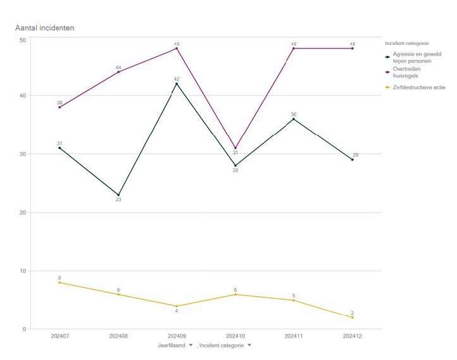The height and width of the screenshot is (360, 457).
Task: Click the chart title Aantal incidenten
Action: (45, 28)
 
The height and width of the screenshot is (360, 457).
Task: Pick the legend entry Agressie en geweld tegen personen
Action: (415, 57)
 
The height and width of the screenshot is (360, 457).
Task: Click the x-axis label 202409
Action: (177, 336)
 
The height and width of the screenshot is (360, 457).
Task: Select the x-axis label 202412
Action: (353, 336)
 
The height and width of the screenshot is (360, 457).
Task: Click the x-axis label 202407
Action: (59, 336)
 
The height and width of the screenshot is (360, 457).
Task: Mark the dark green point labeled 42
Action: (177, 84)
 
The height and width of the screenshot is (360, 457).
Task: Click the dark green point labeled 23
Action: (118, 195)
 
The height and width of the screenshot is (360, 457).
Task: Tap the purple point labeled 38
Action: (59, 108)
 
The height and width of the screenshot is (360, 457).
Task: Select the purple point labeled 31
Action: (235, 148)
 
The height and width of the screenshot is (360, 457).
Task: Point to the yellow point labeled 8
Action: (59, 282)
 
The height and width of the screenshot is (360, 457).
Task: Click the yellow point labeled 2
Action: (353, 317)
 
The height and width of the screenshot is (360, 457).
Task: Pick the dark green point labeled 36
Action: (294, 119)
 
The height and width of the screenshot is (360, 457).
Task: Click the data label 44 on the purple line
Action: (118, 67)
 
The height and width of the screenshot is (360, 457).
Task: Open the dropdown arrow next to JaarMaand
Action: (191, 345)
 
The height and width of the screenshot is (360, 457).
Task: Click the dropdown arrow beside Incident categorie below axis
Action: (249, 345)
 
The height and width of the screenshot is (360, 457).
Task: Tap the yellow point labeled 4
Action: (177, 306)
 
